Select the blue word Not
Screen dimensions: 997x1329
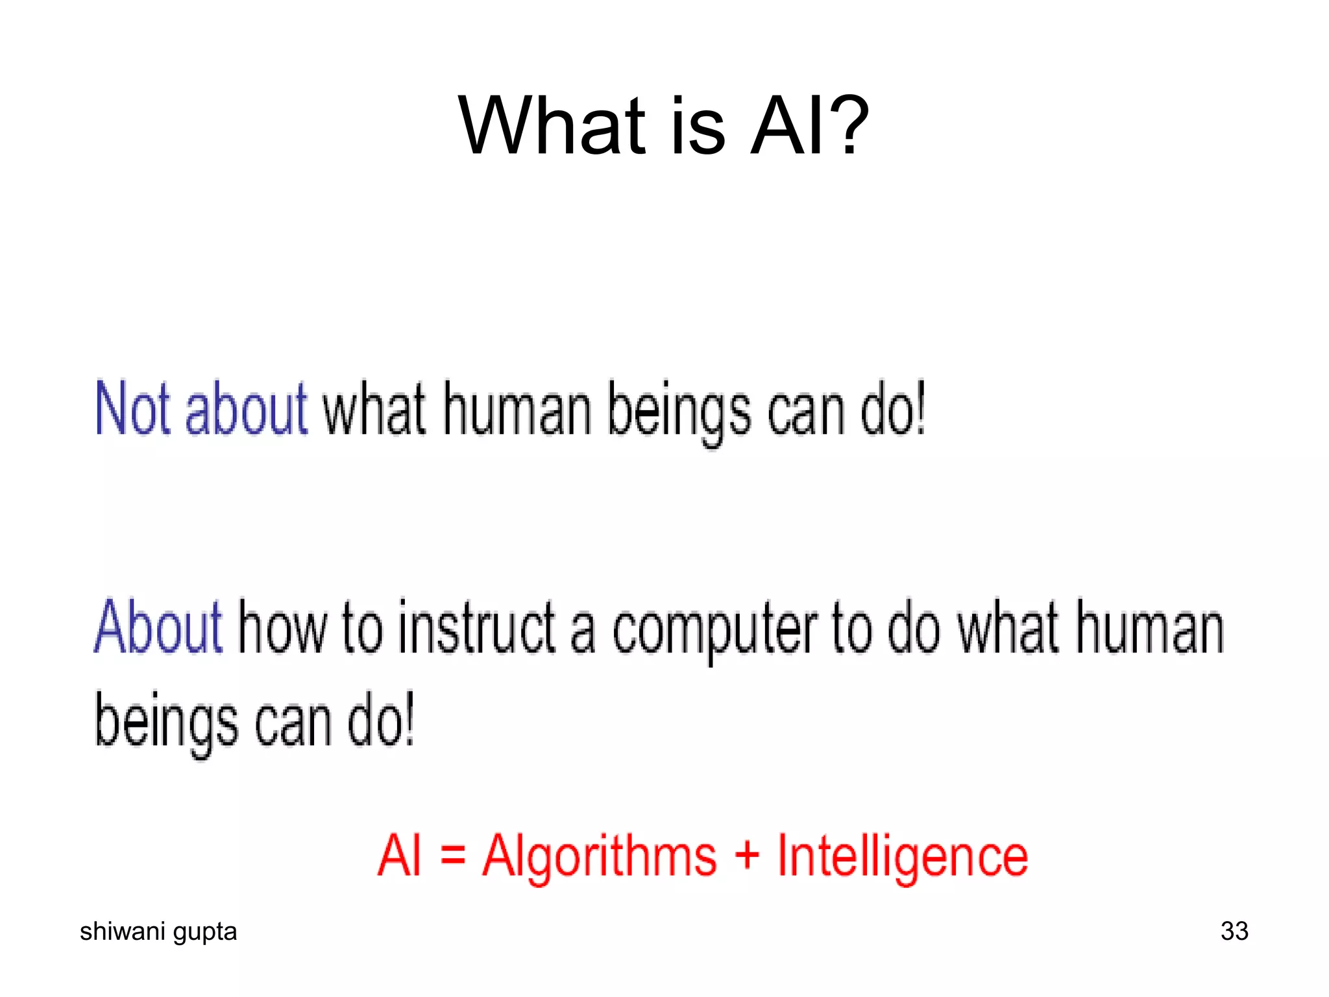(x=132, y=409)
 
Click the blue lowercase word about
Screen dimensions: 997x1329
(x=246, y=409)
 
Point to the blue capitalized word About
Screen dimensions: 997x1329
(x=158, y=627)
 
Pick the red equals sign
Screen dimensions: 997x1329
(x=453, y=855)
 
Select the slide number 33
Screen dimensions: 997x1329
(x=1234, y=931)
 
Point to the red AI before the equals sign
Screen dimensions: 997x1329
(x=400, y=855)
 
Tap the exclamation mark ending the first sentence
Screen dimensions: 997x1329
(x=918, y=409)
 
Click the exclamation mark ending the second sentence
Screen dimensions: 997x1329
(x=408, y=719)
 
